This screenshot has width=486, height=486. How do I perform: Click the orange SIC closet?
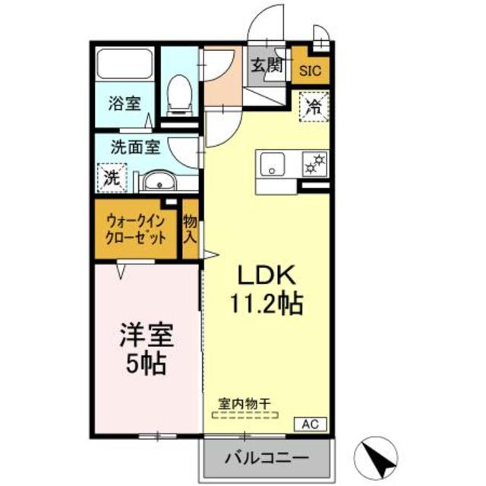click(311, 71)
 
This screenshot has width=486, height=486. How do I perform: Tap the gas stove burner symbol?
click(313, 162)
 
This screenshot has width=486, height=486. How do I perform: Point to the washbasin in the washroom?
click(158, 181)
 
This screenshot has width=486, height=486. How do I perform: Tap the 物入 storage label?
click(190, 229)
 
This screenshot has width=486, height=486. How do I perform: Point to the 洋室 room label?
click(145, 334)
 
